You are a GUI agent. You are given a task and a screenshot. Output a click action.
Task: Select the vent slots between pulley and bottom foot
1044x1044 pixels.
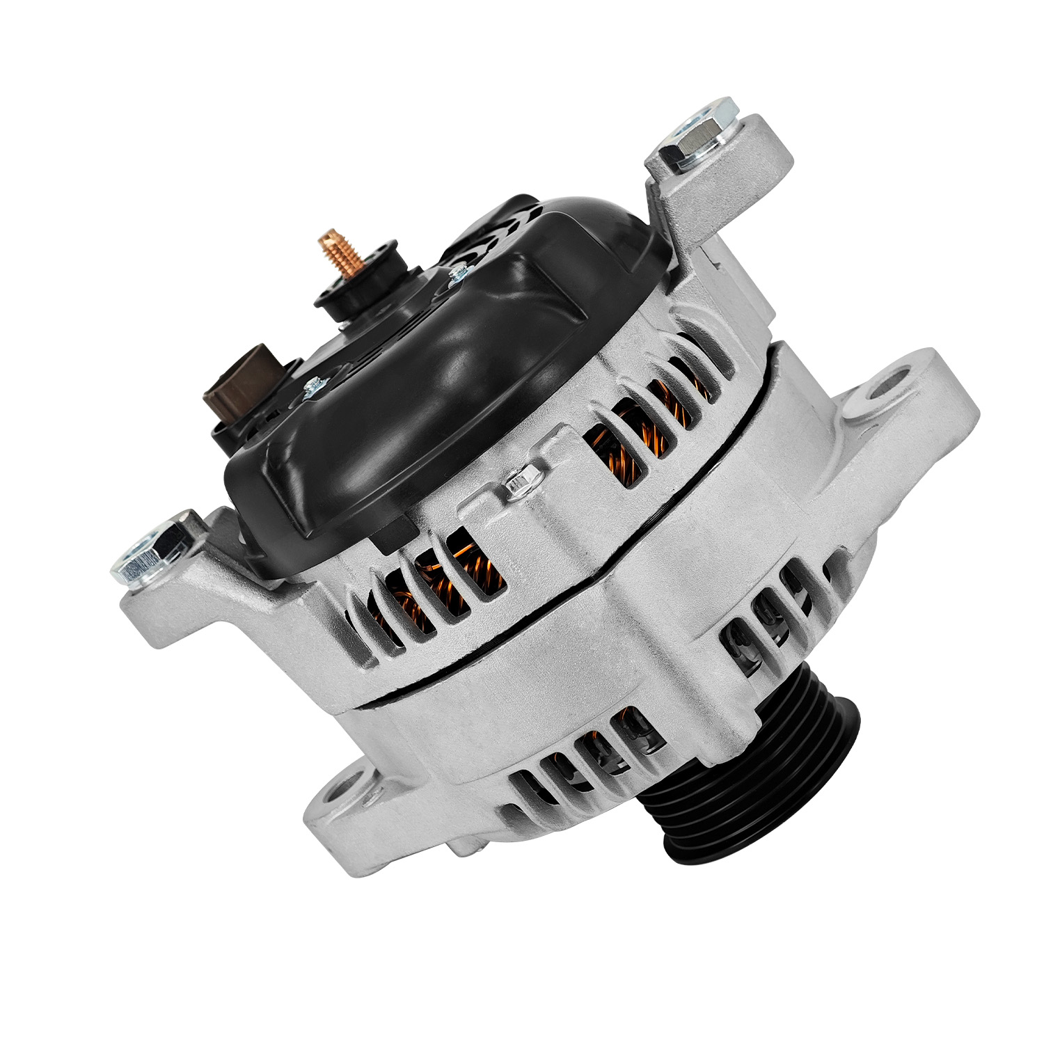[585, 752]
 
